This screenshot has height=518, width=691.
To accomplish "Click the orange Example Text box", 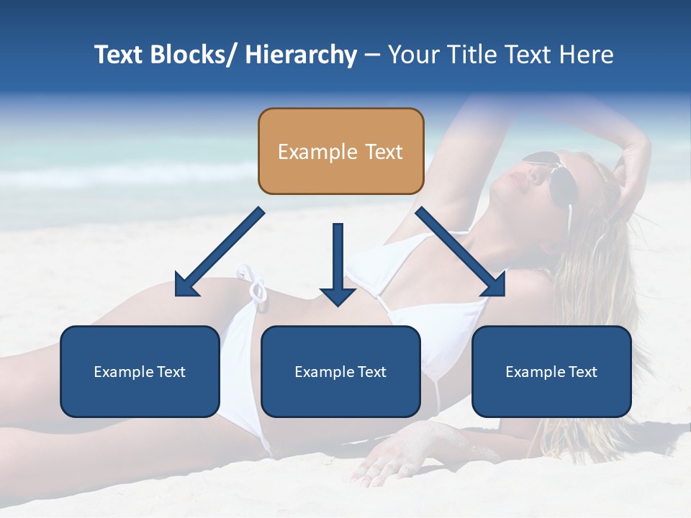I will tap(340, 151).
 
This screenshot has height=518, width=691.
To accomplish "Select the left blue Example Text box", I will tap(140, 371).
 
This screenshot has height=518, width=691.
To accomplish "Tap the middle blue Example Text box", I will tap(340, 371).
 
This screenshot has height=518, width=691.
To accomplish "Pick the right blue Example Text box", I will tap(551, 371).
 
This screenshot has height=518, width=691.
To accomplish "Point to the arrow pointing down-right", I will tap(461, 252).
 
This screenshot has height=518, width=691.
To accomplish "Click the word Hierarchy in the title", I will tap(301, 55).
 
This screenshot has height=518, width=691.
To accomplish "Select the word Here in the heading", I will tap(587, 55).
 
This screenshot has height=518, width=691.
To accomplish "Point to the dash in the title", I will tap(372, 55).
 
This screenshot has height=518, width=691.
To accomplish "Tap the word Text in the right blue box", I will tap(582, 372).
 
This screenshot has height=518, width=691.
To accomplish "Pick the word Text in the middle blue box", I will tap(371, 372).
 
